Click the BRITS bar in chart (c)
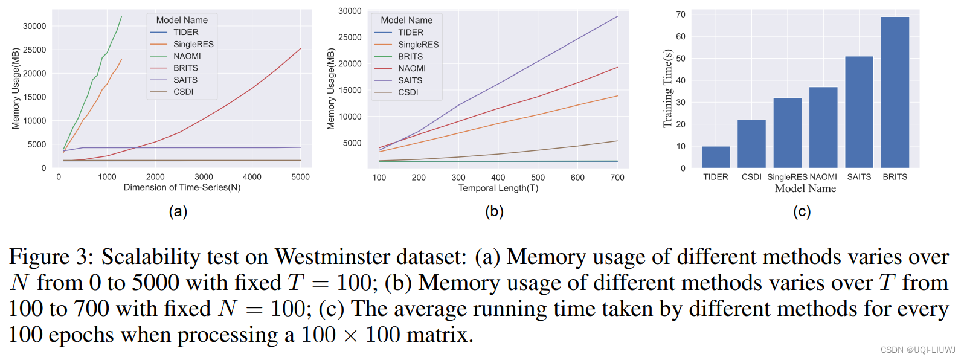click(x=895, y=92)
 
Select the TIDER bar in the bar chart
click(x=715, y=157)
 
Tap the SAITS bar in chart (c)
click(x=859, y=112)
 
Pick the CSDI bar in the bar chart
click(x=751, y=144)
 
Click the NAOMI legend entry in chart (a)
click(x=187, y=56)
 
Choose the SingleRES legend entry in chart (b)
click(x=418, y=45)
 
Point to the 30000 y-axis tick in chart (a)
click(x=34, y=26)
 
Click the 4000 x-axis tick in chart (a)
click(x=252, y=177)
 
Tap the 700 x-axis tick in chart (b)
click(x=617, y=178)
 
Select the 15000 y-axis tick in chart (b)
click(x=350, y=90)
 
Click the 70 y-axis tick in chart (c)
click(x=681, y=14)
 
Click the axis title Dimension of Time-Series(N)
click(x=182, y=188)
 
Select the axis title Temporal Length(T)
click(x=498, y=188)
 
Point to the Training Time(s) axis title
click(x=667, y=89)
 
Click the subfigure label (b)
click(x=494, y=211)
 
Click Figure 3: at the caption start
click(x=51, y=257)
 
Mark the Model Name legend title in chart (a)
click(x=182, y=20)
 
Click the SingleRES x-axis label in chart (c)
click(x=787, y=177)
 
